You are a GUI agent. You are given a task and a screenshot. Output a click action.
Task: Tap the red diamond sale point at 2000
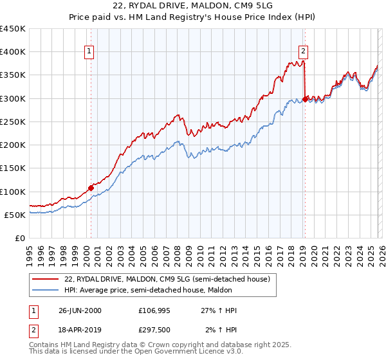[91, 188]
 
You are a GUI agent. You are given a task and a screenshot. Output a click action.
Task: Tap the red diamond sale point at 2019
[305, 100]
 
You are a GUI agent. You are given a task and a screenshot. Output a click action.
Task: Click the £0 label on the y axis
[20, 238]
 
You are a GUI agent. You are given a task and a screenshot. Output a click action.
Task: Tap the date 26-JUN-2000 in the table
[79, 310]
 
